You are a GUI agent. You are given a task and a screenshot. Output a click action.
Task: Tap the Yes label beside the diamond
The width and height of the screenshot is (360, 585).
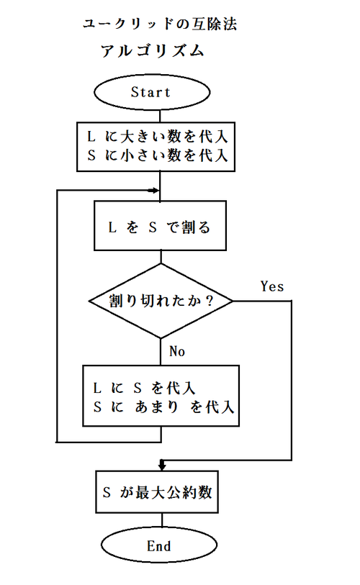click(x=272, y=286)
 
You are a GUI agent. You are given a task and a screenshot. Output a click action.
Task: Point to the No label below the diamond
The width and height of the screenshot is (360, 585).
click(x=177, y=351)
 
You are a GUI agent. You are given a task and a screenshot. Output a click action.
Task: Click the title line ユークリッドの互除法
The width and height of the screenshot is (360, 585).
click(x=159, y=24)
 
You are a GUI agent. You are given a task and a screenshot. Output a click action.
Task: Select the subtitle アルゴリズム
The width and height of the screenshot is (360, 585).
click(x=153, y=50)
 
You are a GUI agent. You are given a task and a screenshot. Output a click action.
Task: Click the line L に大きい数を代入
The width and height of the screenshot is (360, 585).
click(x=158, y=137)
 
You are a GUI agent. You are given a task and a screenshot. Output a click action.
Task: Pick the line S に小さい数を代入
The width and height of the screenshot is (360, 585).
click(x=158, y=155)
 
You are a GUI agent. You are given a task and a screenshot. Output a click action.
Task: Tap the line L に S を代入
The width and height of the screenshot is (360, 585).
click(x=144, y=388)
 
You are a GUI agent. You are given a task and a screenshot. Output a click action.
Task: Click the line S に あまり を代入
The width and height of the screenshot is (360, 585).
click(x=163, y=407)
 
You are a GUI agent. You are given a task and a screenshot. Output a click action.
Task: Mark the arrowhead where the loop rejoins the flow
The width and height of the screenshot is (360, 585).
click(x=154, y=191)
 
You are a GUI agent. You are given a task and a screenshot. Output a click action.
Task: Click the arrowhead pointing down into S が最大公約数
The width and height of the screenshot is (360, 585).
click(x=162, y=466)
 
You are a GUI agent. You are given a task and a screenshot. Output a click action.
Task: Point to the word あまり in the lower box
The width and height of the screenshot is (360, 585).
click(x=156, y=407)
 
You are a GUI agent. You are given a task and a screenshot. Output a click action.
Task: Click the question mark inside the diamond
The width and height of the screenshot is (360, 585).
click(x=210, y=300)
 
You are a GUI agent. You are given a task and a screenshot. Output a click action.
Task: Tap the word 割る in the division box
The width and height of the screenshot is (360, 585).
click(x=196, y=227)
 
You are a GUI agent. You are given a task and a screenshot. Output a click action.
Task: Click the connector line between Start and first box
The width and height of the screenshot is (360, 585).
click(x=160, y=116)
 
